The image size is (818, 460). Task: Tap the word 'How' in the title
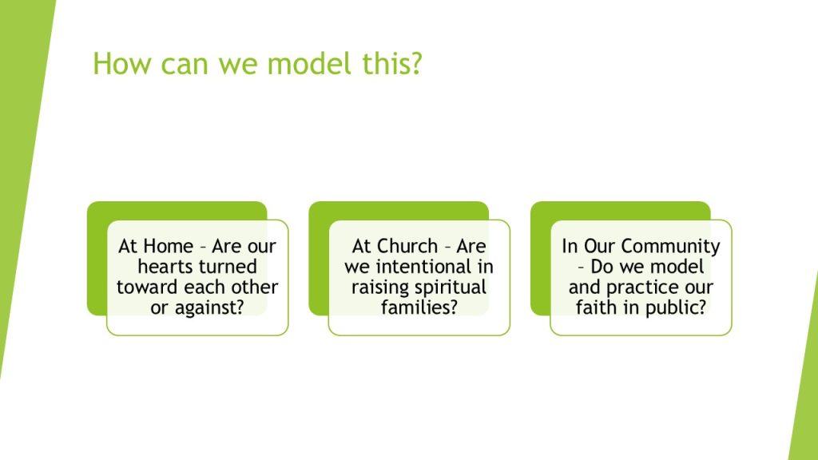(x=122, y=63)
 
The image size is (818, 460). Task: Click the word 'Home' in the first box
(x=168, y=246)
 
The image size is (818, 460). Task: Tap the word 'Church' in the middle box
(x=410, y=246)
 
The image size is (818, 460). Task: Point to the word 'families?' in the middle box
(x=419, y=307)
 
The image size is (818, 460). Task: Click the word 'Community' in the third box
(x=671, y=246)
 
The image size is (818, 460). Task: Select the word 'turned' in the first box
(x=229, y=267)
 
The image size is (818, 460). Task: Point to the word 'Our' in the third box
(x=600, y=246)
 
